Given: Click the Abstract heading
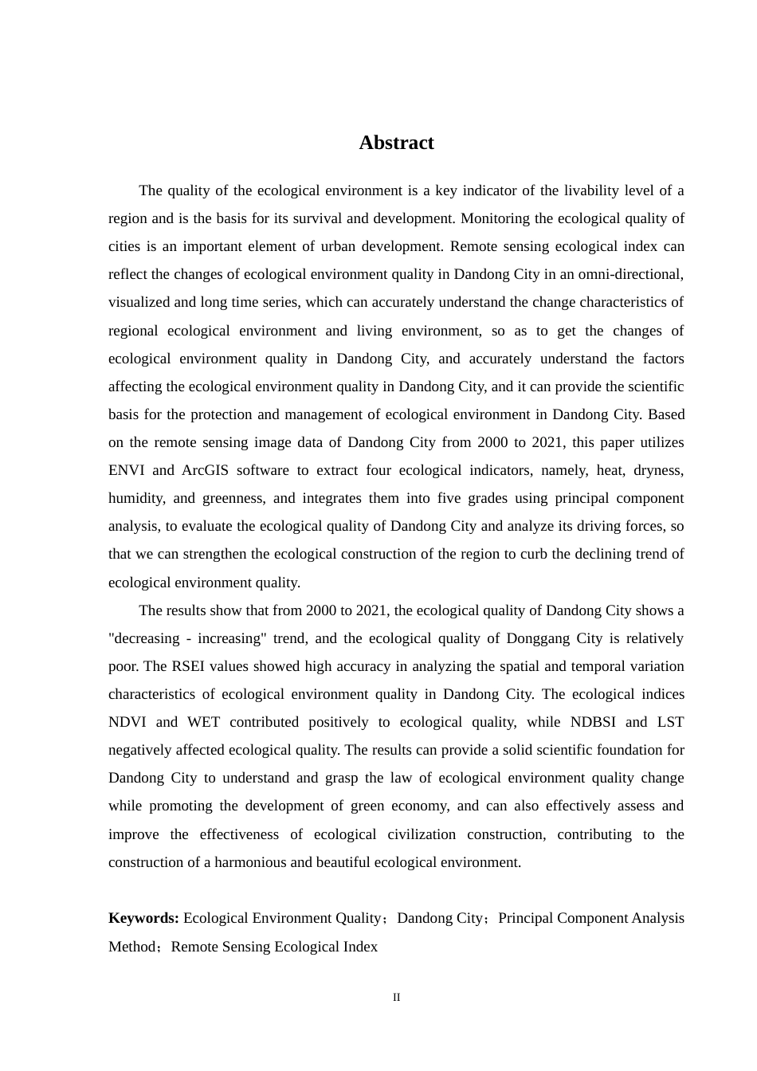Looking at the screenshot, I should [396, 143].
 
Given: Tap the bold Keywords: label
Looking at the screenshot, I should [143, 918].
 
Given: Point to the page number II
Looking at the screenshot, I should [396, 998].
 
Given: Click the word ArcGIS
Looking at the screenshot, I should [205, 470].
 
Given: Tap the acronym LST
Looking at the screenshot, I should [670, 722].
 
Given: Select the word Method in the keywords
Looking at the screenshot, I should [131, 947].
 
